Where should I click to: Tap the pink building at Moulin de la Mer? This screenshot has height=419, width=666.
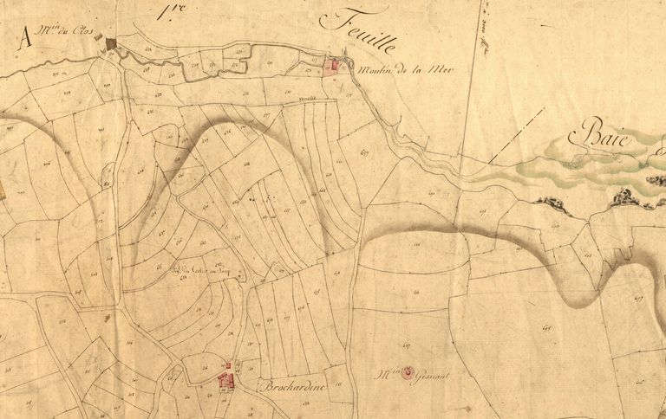pos(331,67)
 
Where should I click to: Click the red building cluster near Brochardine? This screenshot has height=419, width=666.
pos(228,379)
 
